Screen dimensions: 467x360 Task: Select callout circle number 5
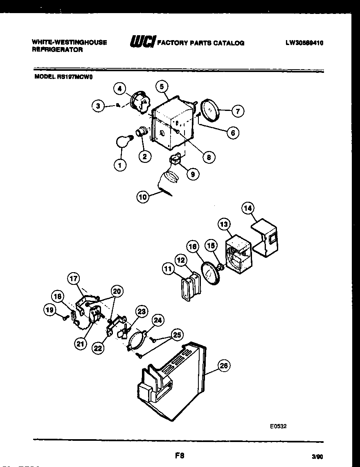point(162,86)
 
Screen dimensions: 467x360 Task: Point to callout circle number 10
point(142,197)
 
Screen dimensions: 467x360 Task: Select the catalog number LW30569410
point(304,43)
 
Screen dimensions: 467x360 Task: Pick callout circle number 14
point(248,208)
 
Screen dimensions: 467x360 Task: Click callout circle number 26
point(223,366)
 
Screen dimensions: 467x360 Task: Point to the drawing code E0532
point(278,426)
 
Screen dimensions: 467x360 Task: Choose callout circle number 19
point(49,310)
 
